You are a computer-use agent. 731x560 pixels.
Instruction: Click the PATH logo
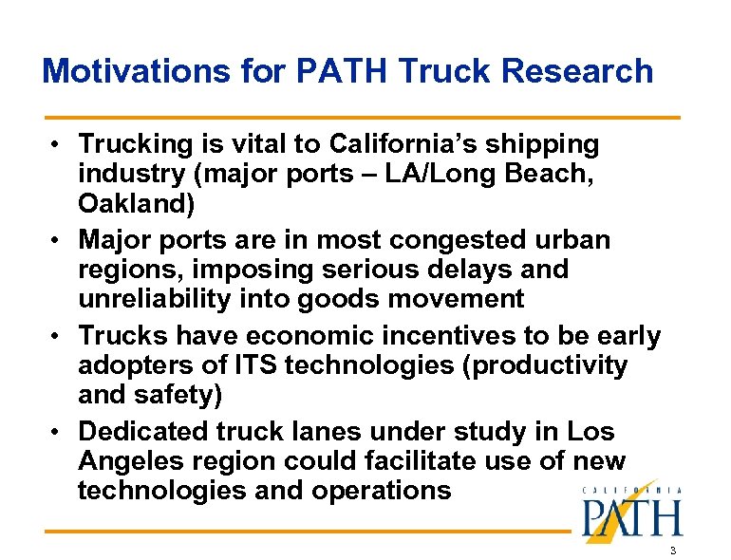click(632, 516)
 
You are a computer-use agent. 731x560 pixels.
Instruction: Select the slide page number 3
click(672, 551)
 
